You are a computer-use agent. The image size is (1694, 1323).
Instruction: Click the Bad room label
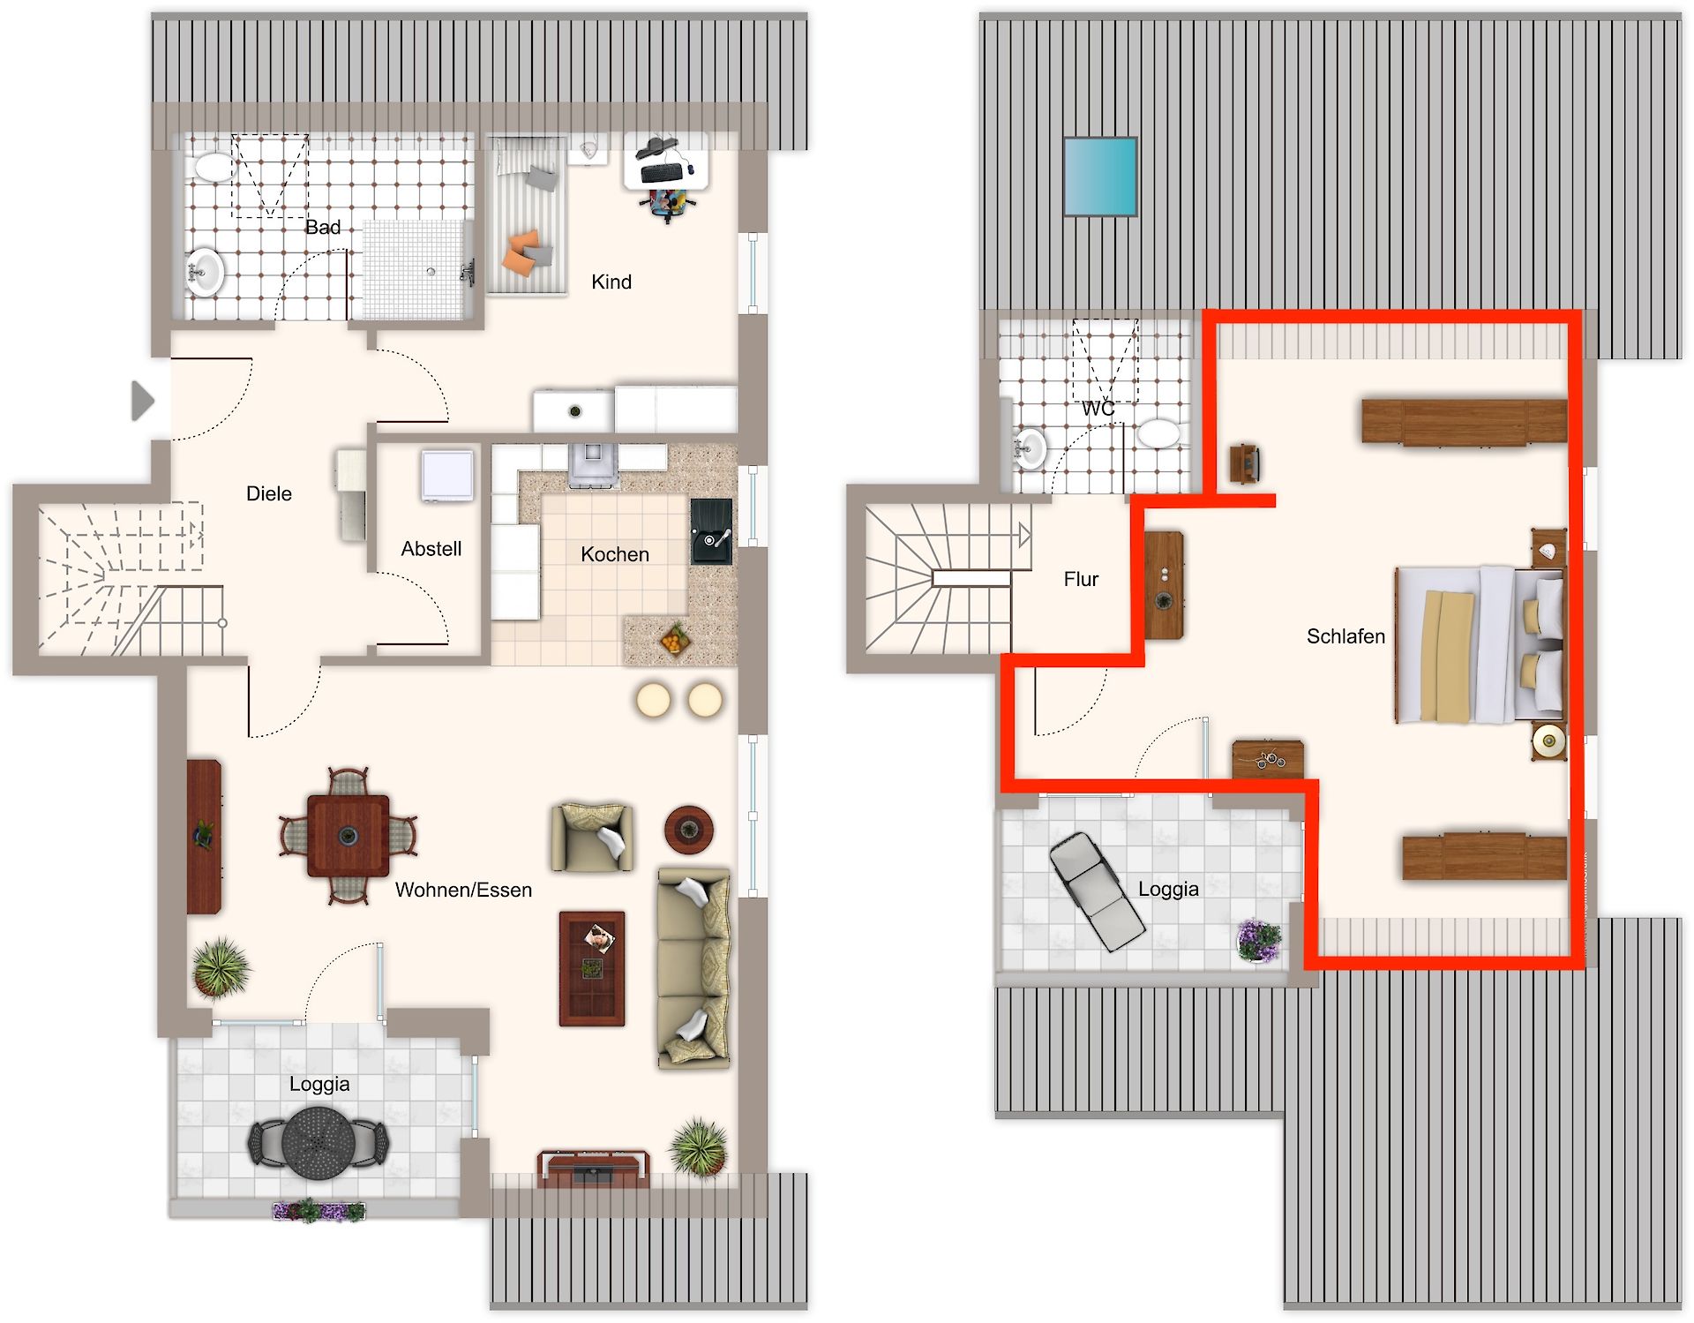[x=323, y=228]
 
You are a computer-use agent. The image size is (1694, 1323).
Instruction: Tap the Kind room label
[x=611, y=282]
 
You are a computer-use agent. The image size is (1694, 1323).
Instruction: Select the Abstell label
[x=431, y=549]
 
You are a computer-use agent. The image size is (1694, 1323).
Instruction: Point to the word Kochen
[x=615, y=554]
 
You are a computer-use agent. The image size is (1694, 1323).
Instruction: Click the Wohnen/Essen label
[x=463, y=890]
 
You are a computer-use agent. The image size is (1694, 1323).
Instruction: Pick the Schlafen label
[x=1345, y=636]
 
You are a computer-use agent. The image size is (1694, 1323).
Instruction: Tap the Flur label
[x=1081, y=579]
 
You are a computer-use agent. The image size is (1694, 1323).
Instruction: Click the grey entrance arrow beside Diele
[x=142, y=401]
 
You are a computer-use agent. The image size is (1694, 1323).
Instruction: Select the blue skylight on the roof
[x=1100, y=177]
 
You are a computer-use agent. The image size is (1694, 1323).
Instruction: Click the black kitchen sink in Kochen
[x=711, y=531]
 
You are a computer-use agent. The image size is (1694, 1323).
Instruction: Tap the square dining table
[x=348, y=836]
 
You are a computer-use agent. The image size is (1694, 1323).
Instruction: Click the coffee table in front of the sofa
[x=592, y=968]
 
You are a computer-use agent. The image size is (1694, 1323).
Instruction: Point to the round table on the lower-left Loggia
[x=319, y=1143]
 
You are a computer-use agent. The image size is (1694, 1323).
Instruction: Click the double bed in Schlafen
[x=1480, y=644]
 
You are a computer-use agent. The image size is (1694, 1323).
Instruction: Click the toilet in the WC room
[x=1158, y=433]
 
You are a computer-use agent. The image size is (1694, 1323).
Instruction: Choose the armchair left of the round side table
[x=592, y=837]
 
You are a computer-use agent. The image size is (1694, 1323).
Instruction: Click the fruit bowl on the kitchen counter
[x=675, y=639]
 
